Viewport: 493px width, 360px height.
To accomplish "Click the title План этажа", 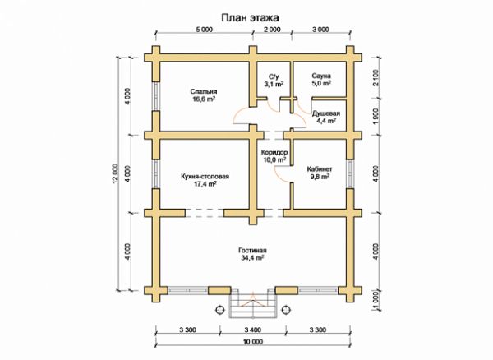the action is click(x=250, y=17).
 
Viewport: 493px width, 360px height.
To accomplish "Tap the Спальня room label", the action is click(x=204, y=91).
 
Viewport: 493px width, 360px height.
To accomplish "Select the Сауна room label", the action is click(x=321, y=76).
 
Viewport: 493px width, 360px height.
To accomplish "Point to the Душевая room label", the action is click(x=325, y=113).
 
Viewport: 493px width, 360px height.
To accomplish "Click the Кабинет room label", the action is click(x=320, y=169).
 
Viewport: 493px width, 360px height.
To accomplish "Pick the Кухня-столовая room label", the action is click(x=205, y=177).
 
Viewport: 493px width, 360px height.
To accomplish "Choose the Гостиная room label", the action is click(x=252, y=250).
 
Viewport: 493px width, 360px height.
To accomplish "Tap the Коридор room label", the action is click(x=274, y=153).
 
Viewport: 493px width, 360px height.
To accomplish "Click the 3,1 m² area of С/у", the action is click(x=274, y=84).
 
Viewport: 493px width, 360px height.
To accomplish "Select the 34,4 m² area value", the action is click(x=252, y=258).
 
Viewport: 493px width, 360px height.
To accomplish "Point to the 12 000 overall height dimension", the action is click(x=116, y=173).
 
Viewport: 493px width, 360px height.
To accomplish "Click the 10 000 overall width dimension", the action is click(x=253, y=342).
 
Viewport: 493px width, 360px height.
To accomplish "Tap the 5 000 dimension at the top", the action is click(x=205, y=30).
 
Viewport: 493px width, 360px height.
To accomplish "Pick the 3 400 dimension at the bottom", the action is click(x=253, y=330).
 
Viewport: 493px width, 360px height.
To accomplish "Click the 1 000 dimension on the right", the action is click(x=376, y=299).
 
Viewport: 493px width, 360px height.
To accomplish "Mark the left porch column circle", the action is click(x=220, y=310).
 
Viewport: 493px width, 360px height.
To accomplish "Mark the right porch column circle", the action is click(x=286, y=310).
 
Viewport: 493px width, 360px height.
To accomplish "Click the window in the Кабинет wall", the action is click(x=350, y=174).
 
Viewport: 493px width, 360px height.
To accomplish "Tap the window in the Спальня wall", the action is click(x=156, y=96).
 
